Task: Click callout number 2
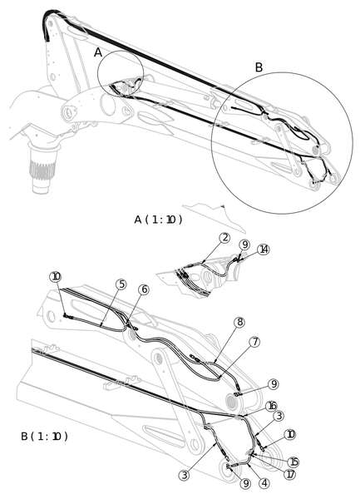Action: [224, 238]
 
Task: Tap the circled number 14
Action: [264, 249]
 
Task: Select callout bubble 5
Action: [121, 284]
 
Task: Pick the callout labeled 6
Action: [144, 289]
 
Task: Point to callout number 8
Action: [239, 322]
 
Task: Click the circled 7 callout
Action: [254, 342]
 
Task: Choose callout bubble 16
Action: [272, 406]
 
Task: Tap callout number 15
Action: [293, 462]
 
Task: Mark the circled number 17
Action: [290, 475]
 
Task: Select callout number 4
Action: [264, 483]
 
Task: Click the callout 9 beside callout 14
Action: [244, 245]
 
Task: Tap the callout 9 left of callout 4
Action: [246, 483]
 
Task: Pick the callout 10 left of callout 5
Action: [56, 277]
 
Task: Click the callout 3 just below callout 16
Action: [279, 416]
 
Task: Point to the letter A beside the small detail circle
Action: [98, 52]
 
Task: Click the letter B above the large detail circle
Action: [259, 67]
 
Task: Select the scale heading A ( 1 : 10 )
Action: [158, 220]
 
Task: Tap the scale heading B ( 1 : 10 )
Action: [44, 436]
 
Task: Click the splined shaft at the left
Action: [42, 168]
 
